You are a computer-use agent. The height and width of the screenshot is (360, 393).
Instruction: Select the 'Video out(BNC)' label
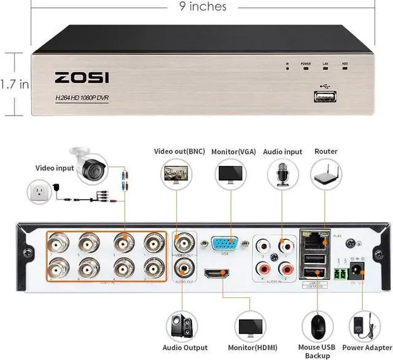(x=179, y=151)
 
